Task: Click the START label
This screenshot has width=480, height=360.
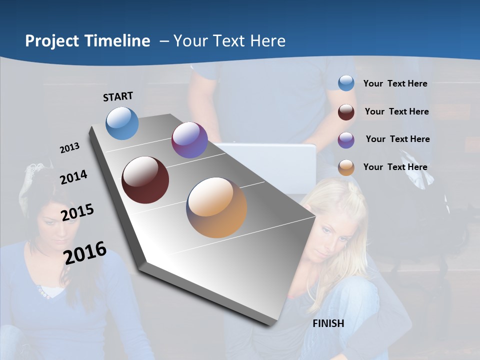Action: (118, 96)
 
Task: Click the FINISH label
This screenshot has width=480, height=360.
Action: (328, 323)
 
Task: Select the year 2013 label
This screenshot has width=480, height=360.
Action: (69, 148)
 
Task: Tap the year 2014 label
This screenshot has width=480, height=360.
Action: (73, 177)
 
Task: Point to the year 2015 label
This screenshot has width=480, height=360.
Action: (77, 212)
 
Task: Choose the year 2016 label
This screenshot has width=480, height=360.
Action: (85, 252)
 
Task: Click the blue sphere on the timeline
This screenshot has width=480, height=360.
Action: (122, 123)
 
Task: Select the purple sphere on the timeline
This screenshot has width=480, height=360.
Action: (189, 140)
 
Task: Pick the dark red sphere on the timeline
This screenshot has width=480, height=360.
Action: (145, 180)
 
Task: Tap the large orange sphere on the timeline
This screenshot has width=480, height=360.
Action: (216, 207)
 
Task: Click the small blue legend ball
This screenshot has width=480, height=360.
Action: (346, 83)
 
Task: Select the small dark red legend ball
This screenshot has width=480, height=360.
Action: (346, 112)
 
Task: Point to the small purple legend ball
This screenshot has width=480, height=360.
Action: (346, 140)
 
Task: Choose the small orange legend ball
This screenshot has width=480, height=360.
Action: (346, 168)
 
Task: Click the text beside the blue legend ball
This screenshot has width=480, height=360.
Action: (395, 83)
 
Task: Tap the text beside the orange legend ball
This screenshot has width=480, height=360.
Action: (395, 167)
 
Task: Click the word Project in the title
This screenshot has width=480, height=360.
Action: (52, 41)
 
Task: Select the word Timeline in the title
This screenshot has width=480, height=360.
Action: (118, 41)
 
